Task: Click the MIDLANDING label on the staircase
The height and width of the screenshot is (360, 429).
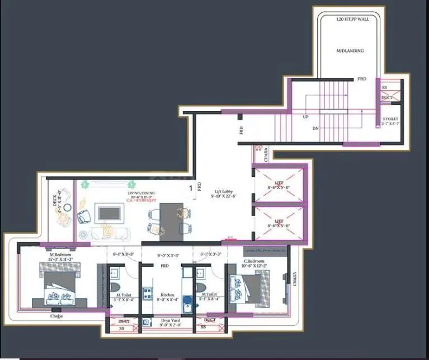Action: click(350, 51)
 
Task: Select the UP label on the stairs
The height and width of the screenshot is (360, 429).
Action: click(305, 118)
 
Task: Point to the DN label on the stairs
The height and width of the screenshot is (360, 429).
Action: click(315, 129)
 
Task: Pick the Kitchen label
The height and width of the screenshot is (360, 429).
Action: click(167, 295)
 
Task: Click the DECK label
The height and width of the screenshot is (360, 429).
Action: click(56, 200)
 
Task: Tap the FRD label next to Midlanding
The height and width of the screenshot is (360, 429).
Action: click(362, 80)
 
